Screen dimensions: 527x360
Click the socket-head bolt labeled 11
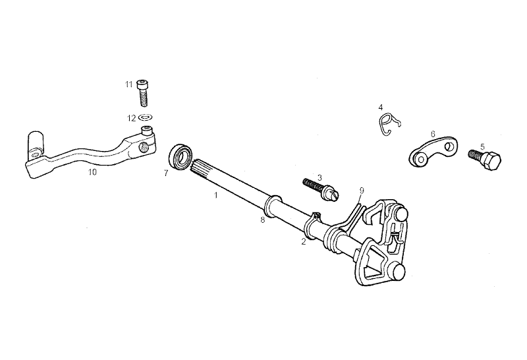coord(143,93)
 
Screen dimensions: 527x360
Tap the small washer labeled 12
coord(145,118)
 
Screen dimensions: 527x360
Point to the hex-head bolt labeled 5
coord(485,159)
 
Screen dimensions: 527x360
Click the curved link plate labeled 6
coord(433,152)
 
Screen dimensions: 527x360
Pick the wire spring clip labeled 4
coord(387,124)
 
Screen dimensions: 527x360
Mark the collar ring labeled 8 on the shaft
coord(273,205)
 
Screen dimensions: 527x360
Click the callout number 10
coord(92,172)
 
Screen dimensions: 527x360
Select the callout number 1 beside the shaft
coord(216,195)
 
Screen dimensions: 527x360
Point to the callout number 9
coord(361,191)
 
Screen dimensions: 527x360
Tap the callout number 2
coord(304,241)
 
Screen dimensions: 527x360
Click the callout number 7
coord(166,173)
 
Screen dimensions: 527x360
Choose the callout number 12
coord(131,118)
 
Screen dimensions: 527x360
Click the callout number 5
coord(483,147)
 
